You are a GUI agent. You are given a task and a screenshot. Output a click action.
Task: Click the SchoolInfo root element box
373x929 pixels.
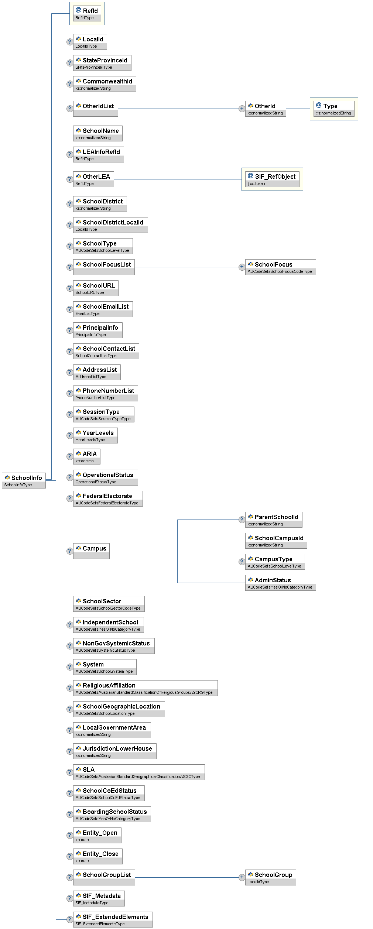coord(24,480)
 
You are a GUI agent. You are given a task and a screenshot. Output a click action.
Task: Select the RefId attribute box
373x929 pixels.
coord(87,14)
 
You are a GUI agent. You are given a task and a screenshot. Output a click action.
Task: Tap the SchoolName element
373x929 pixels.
coord(97,133)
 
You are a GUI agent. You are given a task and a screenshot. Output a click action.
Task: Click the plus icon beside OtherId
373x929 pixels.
coord(242,109)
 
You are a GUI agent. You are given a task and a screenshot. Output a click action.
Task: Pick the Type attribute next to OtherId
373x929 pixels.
coord(333,109)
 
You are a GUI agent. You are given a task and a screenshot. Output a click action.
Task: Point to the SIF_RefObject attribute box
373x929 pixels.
coord(272,179)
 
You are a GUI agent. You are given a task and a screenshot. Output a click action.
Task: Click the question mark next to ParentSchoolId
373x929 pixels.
coord(242,520)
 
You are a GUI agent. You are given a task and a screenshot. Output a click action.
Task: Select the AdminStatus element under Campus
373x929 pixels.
coord(280,583)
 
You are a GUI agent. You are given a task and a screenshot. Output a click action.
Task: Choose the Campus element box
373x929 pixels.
coord(91,551)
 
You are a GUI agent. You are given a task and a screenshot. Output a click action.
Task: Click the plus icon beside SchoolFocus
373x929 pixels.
coord(242,267)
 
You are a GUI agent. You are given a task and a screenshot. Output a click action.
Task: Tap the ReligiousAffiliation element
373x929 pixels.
coord(145,688)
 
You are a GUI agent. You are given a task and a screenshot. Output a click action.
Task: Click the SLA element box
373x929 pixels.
coord(139,772)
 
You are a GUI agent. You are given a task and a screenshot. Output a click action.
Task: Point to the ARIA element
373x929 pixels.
coord(86,456)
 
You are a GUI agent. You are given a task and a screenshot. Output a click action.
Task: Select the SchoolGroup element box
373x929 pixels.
coord(270,877)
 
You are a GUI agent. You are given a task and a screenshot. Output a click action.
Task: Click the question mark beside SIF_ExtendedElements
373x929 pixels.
coord(69,919)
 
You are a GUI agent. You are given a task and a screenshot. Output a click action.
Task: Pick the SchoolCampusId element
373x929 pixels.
coord(276,541)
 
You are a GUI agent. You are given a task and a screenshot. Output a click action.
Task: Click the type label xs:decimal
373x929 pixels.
coord(85,461)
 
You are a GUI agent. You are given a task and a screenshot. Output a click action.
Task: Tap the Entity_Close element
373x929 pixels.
coord(97,856)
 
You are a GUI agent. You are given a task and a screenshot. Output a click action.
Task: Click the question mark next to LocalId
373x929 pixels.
coord(69,42)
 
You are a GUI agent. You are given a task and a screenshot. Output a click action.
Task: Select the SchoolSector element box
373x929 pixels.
coord(109,604)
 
